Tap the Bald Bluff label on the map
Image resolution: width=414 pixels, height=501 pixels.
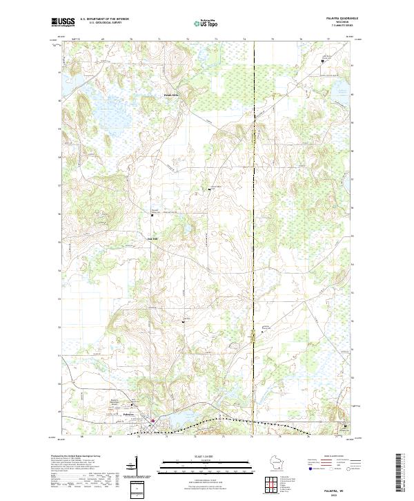[152, 239]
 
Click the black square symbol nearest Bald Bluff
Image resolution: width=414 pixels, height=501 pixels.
[152, 216]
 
